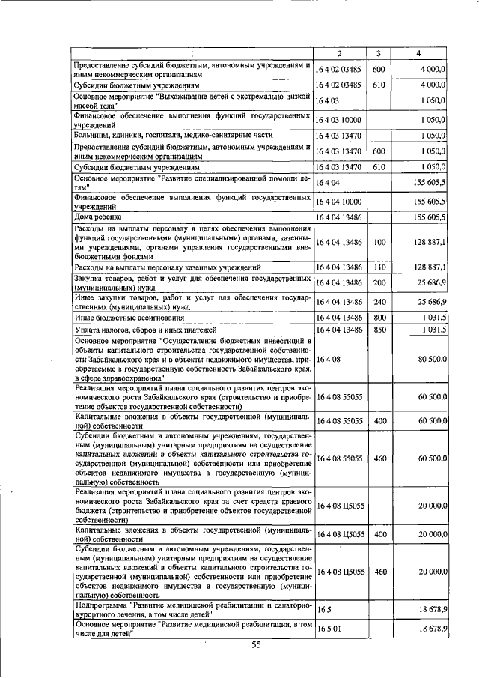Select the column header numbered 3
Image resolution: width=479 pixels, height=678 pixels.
pyautogui.click(x=379, y=53)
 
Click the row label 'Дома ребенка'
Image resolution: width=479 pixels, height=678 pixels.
pyautogui.click(x=94, y=217)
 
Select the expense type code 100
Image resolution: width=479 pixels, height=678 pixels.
pyautogui.click(x=379, y=242)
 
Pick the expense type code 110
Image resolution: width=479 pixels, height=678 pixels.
pyautogui.click(x=379, y=267)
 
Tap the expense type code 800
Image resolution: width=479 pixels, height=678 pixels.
pyautogui.click(x=379, y=317)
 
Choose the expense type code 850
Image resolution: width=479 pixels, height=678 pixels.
pyautogui.click(x=379, y=329)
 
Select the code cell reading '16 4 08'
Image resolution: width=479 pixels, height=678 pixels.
pyautogui.click(x=328, y=360)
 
